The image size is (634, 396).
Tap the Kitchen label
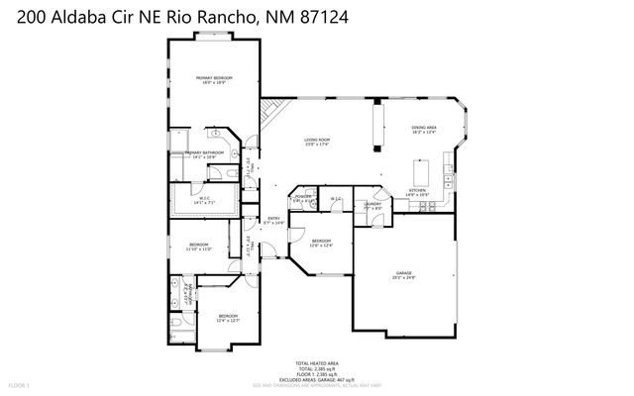click(417, 192)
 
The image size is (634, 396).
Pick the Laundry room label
click(372, 206)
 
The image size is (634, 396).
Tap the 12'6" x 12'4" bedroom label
click(321, 243)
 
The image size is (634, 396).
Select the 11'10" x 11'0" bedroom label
click(198, 247)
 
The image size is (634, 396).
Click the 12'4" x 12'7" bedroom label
click(228, 318)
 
